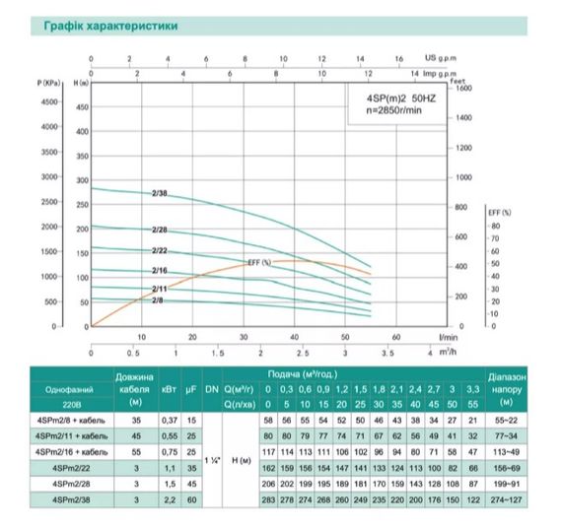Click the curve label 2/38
(160, 194)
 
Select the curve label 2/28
(160, 230)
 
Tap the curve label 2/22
(160, 249)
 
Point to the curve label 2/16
(160, 269)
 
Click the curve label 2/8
(158, 298)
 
